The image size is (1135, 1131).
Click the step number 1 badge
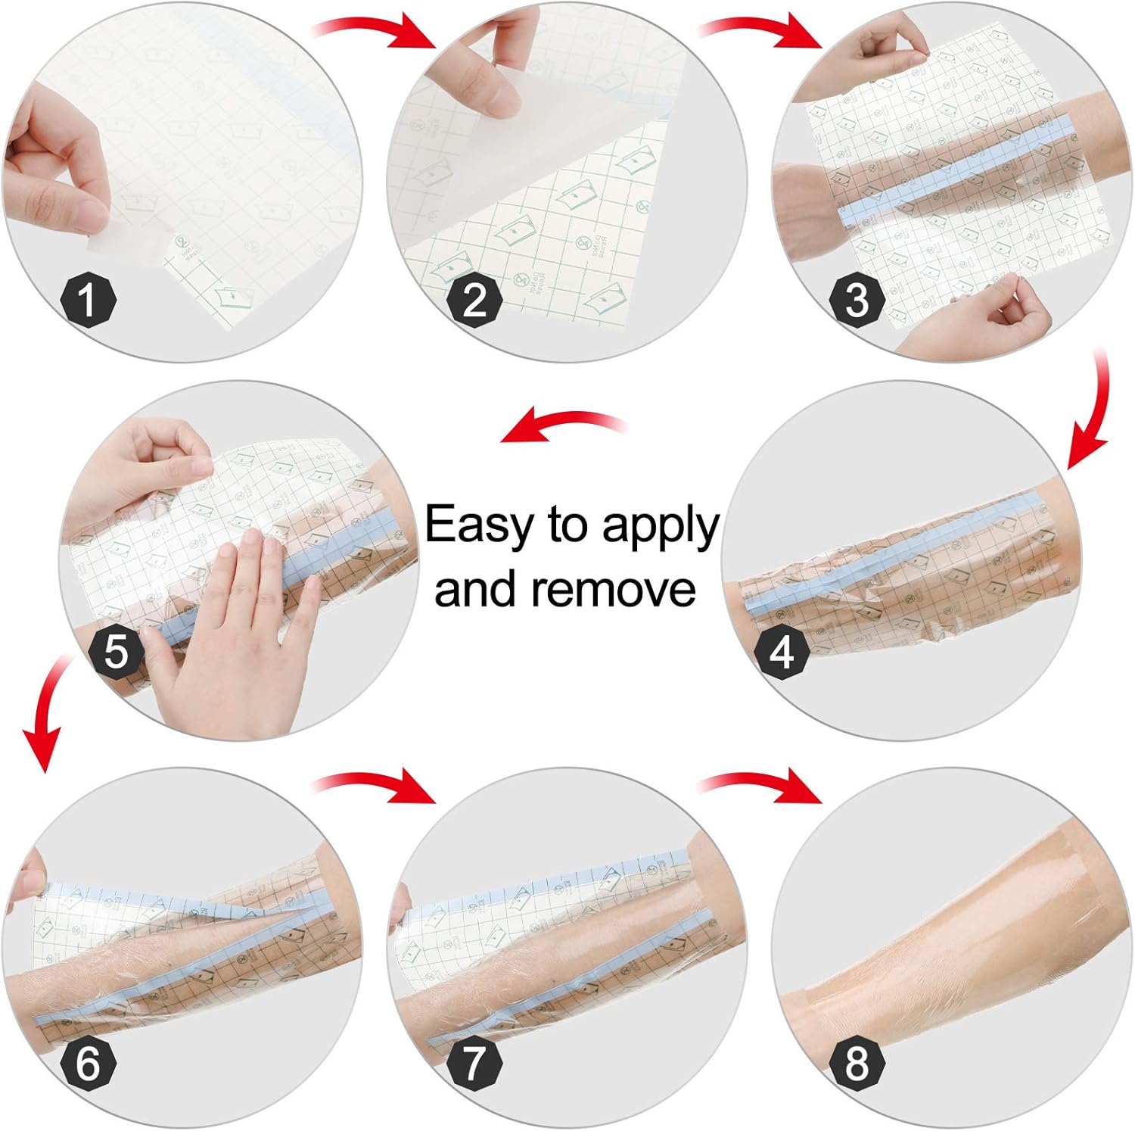point(89,299)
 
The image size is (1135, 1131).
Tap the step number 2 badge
point(474,299)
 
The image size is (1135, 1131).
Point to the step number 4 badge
point(782,652)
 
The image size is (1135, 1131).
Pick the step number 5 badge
point(116,652)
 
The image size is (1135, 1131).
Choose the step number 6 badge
point(88,1062)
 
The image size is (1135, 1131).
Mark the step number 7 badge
point(474,1062)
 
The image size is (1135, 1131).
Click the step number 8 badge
point(857,1062)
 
